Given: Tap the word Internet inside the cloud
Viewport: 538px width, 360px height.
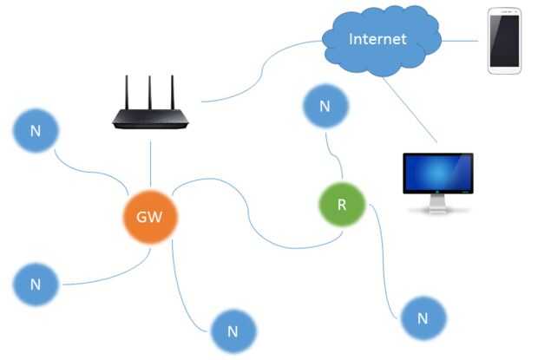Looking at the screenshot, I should point(377,39).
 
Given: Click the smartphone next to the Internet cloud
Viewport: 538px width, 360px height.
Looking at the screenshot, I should point(504,41).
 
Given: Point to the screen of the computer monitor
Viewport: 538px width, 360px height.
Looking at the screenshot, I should point(438,173).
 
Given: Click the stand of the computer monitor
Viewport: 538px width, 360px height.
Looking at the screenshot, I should point(439,205).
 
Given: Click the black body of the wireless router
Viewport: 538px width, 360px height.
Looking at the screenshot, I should point(151,120).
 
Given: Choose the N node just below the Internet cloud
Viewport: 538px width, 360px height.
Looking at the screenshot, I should point(325,107).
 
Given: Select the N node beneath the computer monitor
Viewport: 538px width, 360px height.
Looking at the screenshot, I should point(423,317).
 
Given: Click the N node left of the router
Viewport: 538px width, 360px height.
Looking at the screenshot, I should point(36,131).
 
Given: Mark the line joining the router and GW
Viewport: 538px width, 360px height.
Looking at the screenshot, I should point(151,160).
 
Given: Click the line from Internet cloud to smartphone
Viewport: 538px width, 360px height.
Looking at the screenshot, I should point(461,40).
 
